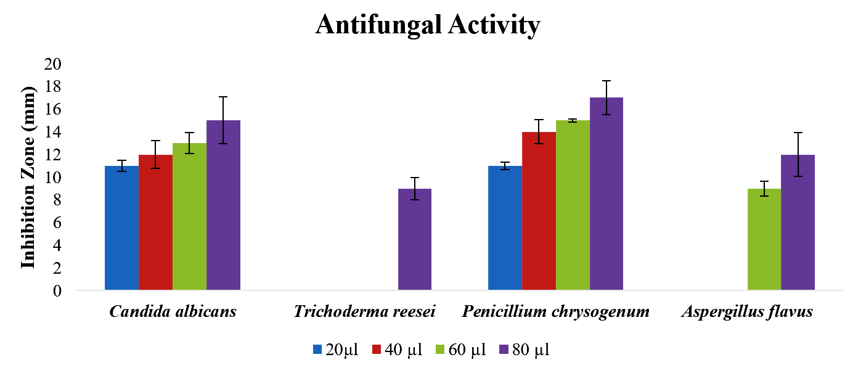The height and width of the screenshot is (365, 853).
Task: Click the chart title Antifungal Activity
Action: (428, 25)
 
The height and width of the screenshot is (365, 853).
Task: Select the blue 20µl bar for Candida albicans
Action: (121, 228)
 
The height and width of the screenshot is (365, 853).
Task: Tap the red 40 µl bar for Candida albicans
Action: (155, 222)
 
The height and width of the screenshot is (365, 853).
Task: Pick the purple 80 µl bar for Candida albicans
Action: (223, 205)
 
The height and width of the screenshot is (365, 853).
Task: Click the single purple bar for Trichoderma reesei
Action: (415, 239)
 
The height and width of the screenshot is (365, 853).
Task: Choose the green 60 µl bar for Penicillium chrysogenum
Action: (573, 205)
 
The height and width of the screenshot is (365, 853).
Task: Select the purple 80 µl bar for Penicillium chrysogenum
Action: (606, 194)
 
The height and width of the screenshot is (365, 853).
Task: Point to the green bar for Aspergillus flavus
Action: (764, 239)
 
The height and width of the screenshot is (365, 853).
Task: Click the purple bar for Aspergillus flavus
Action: (798, 222)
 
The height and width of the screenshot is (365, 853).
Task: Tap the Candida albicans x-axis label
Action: (173, 311)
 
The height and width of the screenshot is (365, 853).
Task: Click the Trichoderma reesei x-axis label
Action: (364, 311)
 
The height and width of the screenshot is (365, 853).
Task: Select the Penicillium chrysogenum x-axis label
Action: (556, 311)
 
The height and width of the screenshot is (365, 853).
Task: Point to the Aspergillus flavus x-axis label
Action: (747, 311)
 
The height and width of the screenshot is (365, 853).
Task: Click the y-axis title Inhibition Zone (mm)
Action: (28, 177)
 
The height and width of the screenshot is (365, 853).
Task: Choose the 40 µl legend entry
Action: (398, 350)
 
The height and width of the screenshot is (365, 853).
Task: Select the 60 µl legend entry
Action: (462, 350)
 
